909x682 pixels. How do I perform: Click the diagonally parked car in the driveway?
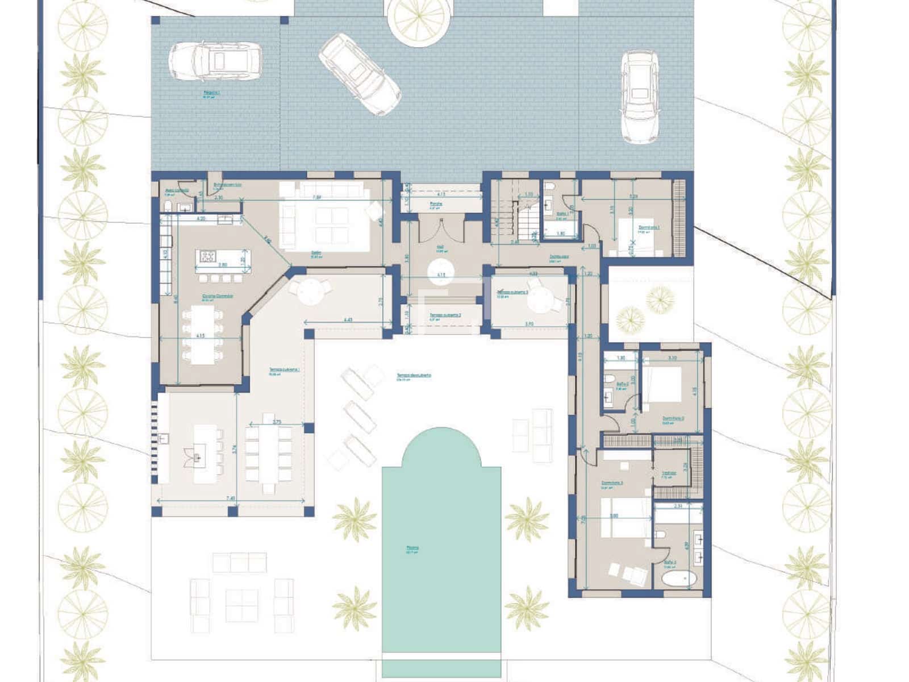(x=360, y=74)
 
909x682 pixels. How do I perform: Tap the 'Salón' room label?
(x=316, y=253)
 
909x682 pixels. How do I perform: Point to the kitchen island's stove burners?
(x=207, y=256)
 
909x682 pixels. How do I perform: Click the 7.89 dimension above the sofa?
(x=318, y=198)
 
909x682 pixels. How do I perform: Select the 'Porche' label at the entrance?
(x=436, y=203)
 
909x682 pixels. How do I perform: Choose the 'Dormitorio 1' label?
(x=649, y=227)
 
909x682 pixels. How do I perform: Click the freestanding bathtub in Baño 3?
(x=679, y=579)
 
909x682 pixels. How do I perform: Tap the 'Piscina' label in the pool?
(x=412, y=548)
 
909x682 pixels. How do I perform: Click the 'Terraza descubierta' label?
(x=414, y=376)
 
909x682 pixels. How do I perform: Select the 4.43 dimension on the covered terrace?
(x=348, y=320)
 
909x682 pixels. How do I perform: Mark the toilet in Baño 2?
(x=608, y=379)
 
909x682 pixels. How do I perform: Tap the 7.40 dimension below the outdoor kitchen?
(x=231, y=498)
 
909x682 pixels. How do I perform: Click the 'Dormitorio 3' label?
(x=612, y=483)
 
